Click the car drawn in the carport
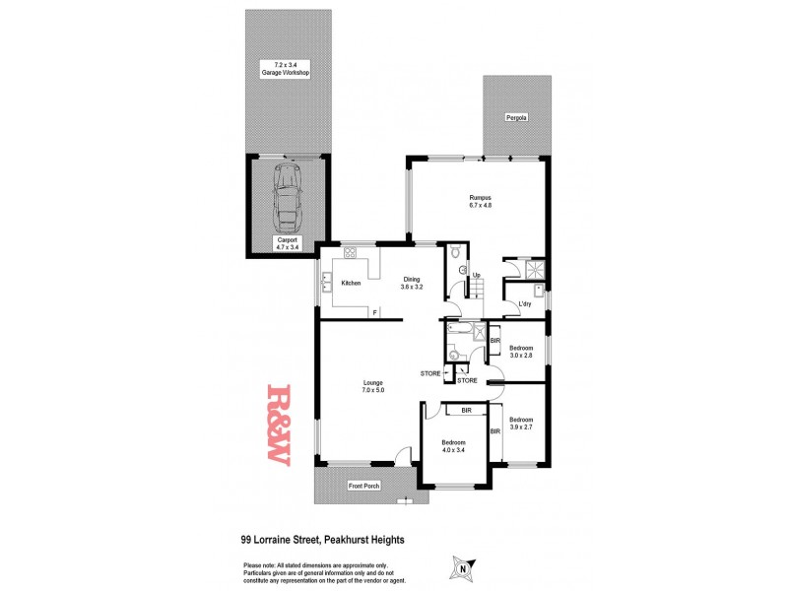(x=287, y=196)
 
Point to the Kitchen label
(x=351, y=283)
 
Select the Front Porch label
(x=363, y=486)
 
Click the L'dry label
(x=525, y=302)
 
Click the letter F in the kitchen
(x=374, y=312)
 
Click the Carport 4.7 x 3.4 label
(x=287, y=242)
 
